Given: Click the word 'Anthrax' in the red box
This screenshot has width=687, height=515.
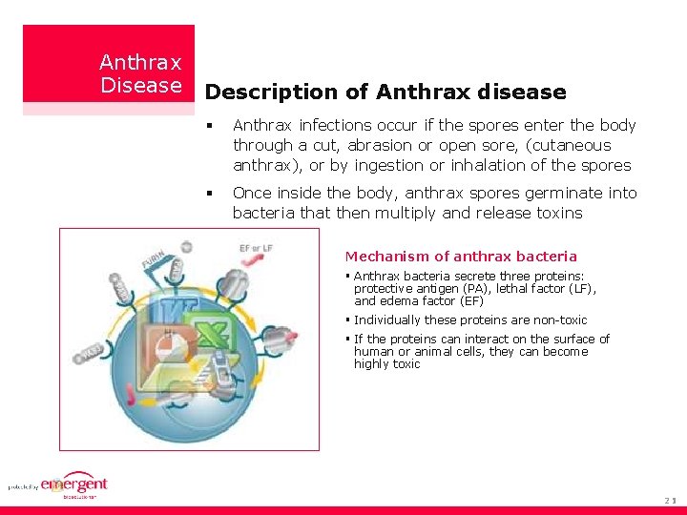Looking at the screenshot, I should pyautogui.click(x=140, y=62).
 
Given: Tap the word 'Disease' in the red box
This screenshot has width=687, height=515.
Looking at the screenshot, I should pyautogui.click(x=140, y=85).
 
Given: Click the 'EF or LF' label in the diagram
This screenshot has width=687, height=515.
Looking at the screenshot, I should pyautogui.click(x=255, y=249).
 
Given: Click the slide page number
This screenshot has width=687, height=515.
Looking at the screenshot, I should pyautogui.click(x=669, y=500).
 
